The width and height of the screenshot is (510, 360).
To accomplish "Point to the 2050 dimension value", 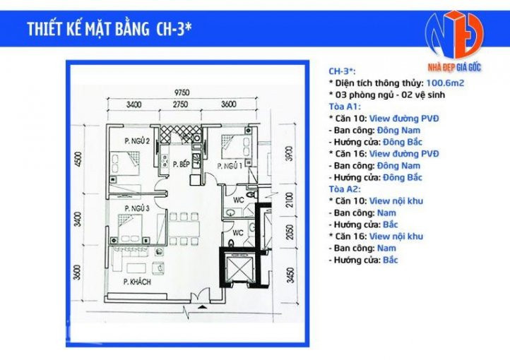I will (289, 233).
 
